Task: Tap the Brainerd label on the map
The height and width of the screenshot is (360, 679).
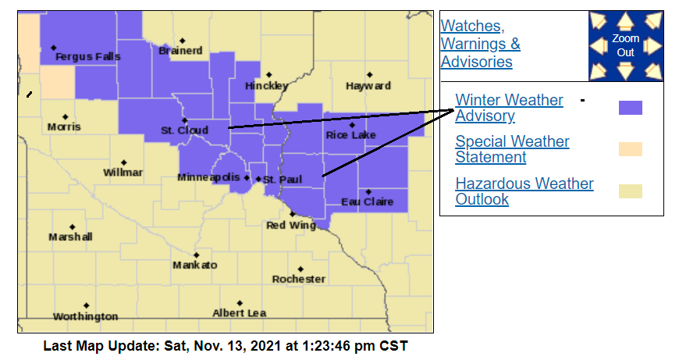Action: click(180, 51)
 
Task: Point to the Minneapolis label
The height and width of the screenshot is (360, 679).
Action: click(208, 178)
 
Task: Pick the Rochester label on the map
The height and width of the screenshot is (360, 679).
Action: click(299, 279)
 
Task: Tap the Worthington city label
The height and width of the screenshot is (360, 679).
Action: click(85, 316)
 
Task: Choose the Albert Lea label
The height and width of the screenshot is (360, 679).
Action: click(240, 313)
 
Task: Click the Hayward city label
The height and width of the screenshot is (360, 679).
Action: click(368, 85)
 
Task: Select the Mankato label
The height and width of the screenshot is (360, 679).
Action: click(195, 265)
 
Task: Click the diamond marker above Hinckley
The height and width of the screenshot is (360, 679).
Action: click(268, 75)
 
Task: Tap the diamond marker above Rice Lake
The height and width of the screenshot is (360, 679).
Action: click(352, 125)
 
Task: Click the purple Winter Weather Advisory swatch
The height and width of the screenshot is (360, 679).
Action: click(630, 108)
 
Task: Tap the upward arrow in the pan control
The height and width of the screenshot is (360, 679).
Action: click(625, 20)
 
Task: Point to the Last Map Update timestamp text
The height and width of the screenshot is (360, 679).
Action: click(225, 345)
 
